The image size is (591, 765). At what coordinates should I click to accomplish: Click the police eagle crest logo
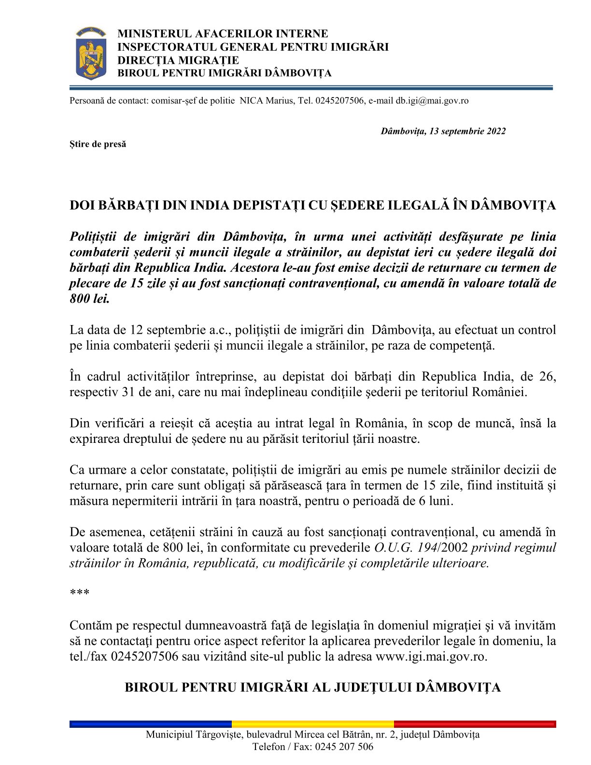[x=91, y=54]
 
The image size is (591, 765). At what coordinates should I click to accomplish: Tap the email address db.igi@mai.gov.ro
[x=432, y=101]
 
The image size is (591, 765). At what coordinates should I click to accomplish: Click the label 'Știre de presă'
[x=98, y=144]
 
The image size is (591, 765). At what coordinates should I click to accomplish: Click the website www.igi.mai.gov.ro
[x=431, y=657]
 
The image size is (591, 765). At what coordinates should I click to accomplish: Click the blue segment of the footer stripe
[x=150, y=724]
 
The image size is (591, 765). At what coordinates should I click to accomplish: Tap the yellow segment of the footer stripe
[x=312, y=724]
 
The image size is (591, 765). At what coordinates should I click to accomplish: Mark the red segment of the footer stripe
[x=475, y=724]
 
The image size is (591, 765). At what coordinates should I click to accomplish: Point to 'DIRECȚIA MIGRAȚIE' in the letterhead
[x=178, y=60]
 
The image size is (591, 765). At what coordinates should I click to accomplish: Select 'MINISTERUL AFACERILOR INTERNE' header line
[x=223, y=34]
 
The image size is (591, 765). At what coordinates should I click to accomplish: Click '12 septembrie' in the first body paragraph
[x=168, y=330]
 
